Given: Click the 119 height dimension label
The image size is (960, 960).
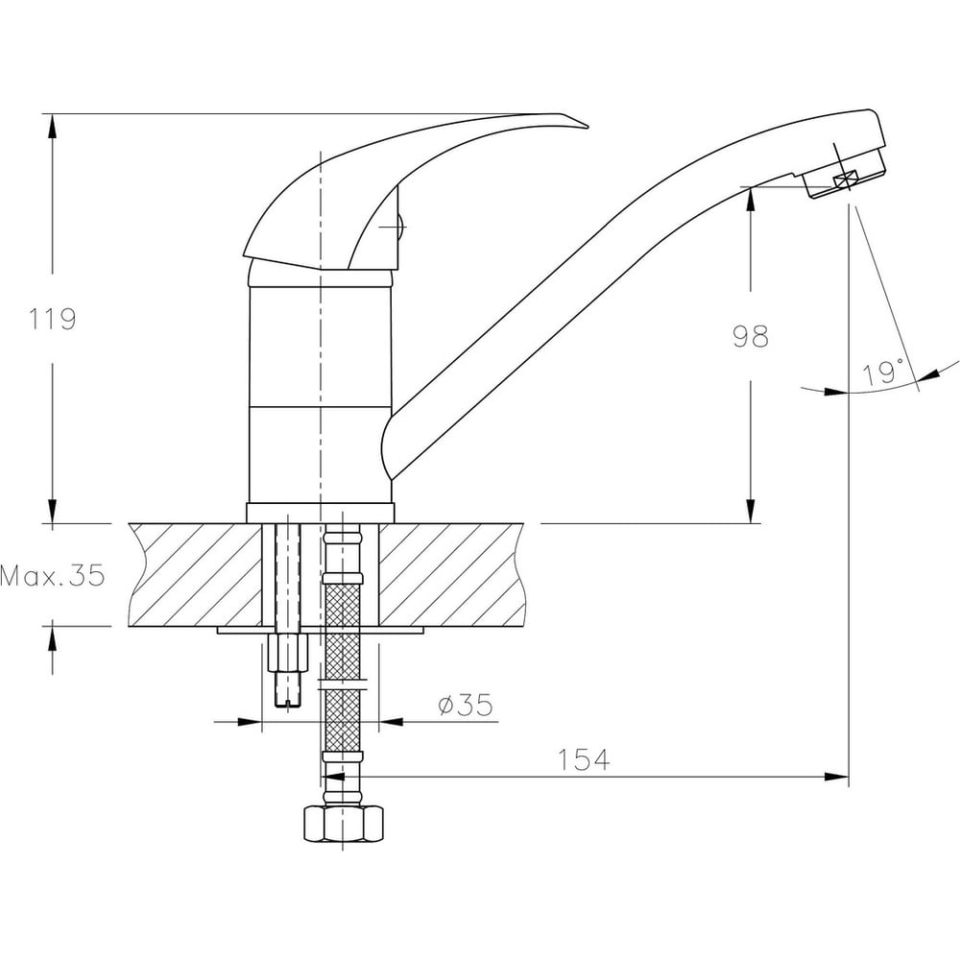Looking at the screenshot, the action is pos(53,319).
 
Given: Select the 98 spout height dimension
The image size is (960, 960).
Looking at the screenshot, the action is pos(751,336).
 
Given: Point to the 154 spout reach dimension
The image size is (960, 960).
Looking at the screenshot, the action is pos(584,759).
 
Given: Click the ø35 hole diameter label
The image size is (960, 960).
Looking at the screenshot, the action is pos(466,705).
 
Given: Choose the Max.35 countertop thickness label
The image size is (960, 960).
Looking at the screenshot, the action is pos(53,575).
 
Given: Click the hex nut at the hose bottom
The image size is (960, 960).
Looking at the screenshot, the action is pos(344,824).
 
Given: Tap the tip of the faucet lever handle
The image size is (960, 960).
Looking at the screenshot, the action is pos(588,128).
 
